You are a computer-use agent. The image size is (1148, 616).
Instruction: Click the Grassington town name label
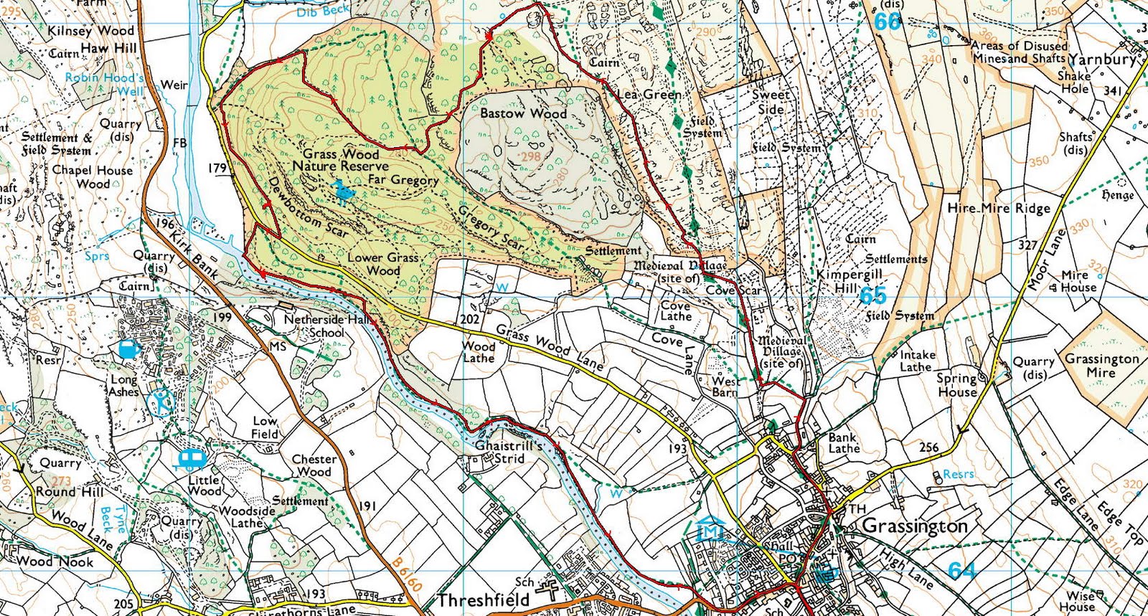[914, 526]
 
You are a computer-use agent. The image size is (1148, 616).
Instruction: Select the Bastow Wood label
[523, 113]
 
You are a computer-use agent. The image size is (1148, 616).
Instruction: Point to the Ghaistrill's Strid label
[509, 451]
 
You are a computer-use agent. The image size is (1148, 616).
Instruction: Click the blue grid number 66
[887, 22]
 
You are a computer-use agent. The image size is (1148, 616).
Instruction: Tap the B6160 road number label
[407, 572]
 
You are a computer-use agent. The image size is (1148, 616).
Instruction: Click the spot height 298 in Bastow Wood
[530, 156]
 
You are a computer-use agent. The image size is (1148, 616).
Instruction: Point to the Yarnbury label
[1102, 60]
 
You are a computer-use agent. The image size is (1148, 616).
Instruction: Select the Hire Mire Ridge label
[999, 208]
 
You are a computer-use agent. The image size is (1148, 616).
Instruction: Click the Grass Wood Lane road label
[550, 347]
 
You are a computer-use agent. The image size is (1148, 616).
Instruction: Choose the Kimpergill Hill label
[849, 281]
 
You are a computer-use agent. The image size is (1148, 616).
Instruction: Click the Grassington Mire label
[1101, 365]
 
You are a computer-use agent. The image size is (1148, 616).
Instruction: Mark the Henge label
[1116, 194]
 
